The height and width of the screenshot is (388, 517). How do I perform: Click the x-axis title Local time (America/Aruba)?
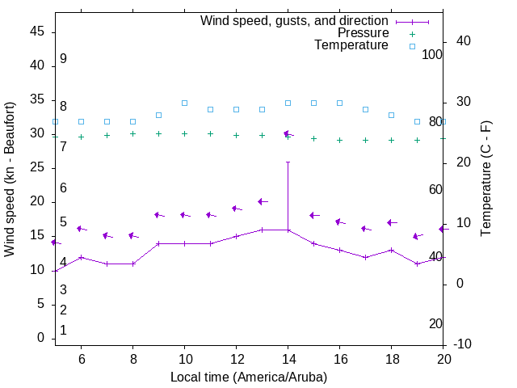click(x=249, y=377)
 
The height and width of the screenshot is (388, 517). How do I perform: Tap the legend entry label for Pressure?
click(x=364, y=33)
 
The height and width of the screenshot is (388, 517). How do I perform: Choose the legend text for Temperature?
click(x=351, y=45)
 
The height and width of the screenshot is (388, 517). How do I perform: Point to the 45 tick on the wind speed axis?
click(x=36, y=32)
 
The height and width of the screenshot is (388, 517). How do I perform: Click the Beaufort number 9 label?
click(x=63, y=59)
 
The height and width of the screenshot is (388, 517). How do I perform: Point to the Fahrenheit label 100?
click(x=432, y=54)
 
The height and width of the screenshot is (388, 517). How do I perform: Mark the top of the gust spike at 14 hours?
click(x=288, y=162)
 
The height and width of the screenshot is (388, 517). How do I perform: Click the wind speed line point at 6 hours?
click(x=81, y=257)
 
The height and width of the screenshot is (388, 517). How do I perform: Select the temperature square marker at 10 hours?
click(x=184, y=103)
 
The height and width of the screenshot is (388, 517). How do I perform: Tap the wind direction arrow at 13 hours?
click(x=262, y=201)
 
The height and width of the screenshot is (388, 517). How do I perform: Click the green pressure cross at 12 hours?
click(x=236, y=135)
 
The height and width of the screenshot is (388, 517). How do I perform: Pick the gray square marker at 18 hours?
click(x=391, y=115)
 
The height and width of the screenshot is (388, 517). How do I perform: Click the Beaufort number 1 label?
click(x=63, y=331)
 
